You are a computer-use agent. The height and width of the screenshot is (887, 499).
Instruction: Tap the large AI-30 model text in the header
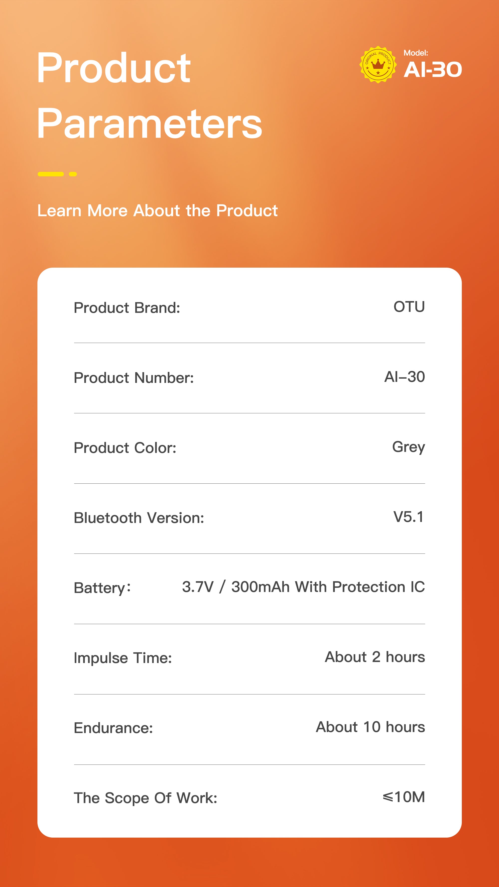[433, 70]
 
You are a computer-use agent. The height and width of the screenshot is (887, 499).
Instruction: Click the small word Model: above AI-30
[416, 53]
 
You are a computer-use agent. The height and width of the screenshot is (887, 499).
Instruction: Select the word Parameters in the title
[149, 123]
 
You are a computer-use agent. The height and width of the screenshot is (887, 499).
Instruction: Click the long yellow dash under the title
[51, 174]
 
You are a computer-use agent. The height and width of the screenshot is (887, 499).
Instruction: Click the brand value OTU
[409, 307]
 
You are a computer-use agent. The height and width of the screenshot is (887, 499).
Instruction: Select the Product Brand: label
[127, 308]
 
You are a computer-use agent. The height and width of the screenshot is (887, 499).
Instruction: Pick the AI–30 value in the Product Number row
[405, 377]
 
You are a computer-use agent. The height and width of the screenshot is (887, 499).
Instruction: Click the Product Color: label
[125, 448]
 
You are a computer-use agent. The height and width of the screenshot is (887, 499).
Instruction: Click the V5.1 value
[409, 517]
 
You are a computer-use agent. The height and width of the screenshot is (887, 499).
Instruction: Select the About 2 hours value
[375, 657]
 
